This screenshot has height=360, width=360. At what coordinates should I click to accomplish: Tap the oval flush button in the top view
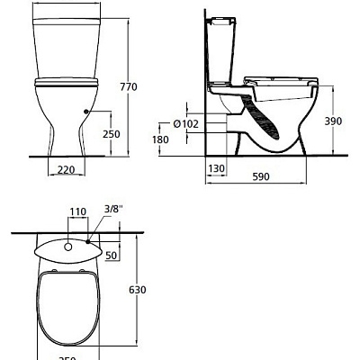click(68, 244)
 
